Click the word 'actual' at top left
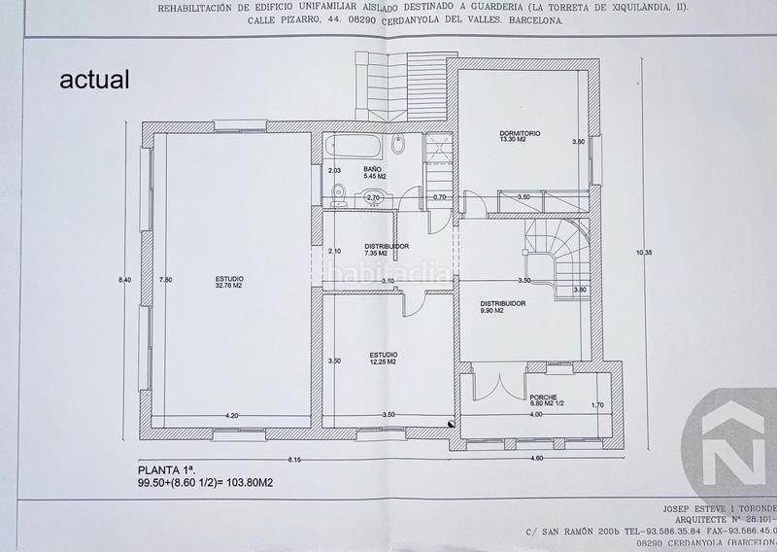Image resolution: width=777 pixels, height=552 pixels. [94, 81]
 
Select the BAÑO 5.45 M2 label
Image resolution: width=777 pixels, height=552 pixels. [375, 173]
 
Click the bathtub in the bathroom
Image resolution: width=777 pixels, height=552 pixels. [355, 149]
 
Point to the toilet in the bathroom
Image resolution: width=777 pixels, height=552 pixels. [336, 196]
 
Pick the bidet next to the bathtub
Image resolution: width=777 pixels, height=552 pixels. [399, 147]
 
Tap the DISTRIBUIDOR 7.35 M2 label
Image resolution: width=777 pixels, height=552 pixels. [386, 250]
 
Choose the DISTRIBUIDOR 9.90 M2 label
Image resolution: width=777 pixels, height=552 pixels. [502, 307]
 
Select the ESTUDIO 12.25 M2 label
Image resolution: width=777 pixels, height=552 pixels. [385, 359]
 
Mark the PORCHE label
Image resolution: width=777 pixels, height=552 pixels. [543, 400]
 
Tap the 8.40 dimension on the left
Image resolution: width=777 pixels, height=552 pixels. [124, 281]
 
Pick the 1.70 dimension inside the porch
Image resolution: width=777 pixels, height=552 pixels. [597, 405]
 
